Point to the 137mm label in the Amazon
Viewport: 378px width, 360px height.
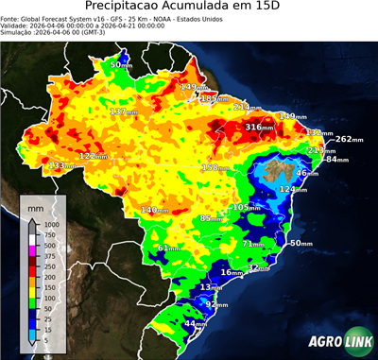pyautogui.click(x=124, y=111)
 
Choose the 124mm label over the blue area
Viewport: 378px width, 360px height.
pyautogui.click(x=292, y=190)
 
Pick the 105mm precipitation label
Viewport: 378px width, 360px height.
pyautogui.click(x=247, y=207)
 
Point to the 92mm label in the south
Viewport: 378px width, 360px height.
pyautogui.click(x=216, y=304)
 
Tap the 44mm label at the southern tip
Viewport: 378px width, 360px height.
pyautogui.click(x=195, y=323)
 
